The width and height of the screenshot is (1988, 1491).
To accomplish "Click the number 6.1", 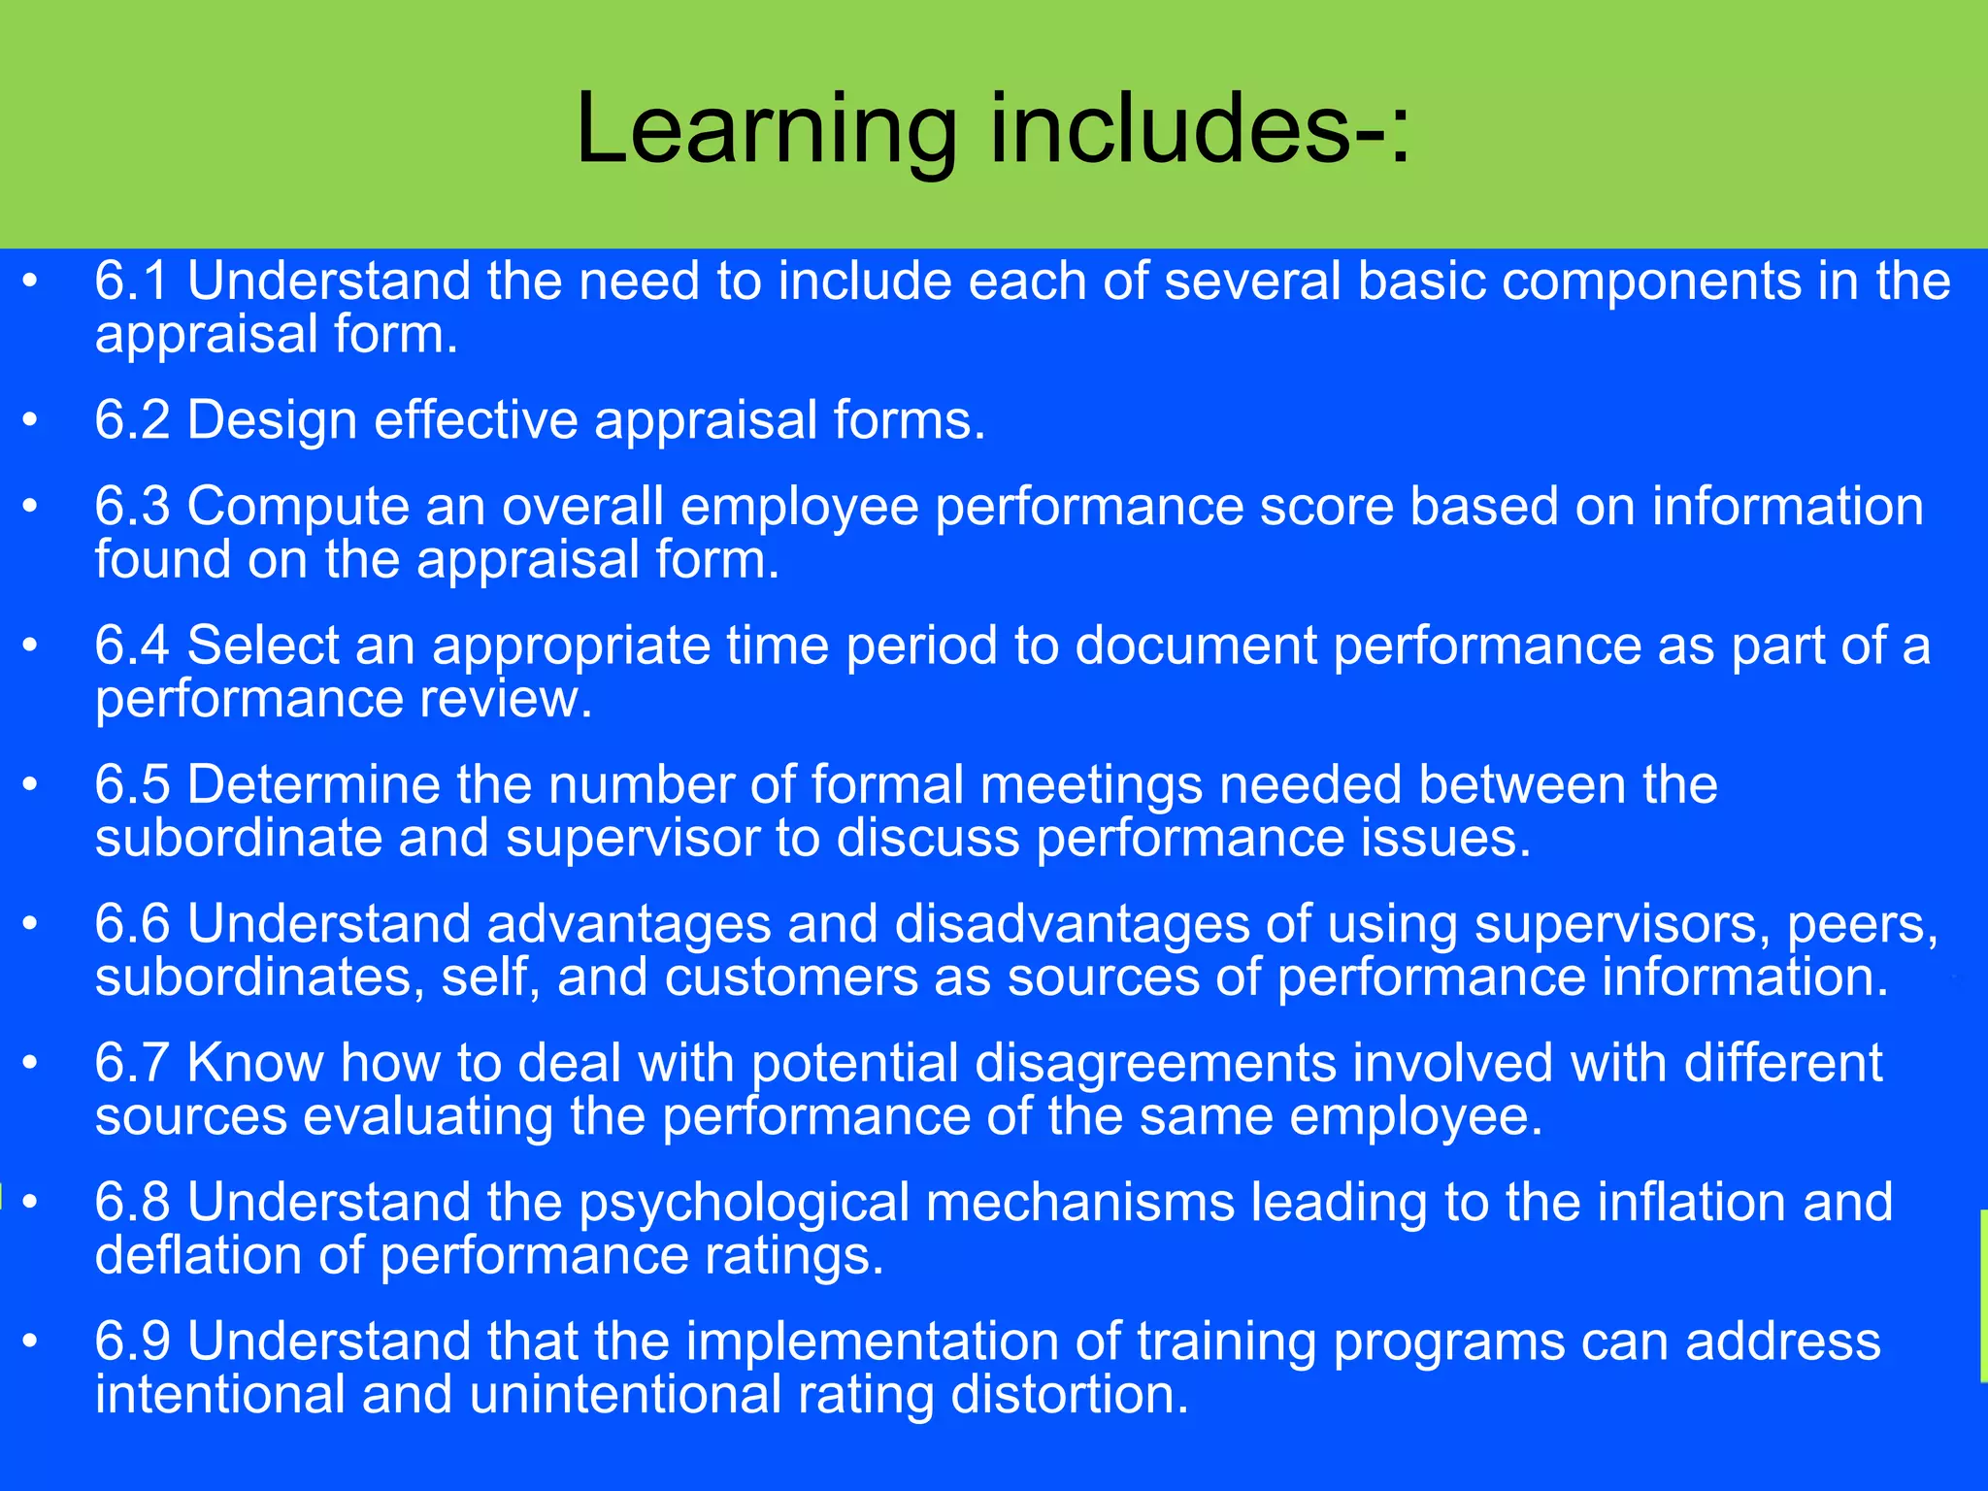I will click(132, 282).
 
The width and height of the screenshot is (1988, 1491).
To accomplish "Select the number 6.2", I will click(132, 420).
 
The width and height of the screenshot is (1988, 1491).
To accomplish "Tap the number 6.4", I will click(132, 646).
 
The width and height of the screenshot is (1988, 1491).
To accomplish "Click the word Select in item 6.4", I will click(262, 646).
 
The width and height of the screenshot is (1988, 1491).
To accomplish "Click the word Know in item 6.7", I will click(254, 1063).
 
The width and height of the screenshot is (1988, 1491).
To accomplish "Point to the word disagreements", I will click(1155, 1063).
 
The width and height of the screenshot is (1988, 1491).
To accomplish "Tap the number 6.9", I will click(132, 1342).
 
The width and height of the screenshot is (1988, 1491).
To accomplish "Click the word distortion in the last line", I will click(1068, 1395).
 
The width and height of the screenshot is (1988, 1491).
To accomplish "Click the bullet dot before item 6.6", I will click(30, 923).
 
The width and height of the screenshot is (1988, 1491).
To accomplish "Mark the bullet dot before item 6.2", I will click(30, 420).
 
